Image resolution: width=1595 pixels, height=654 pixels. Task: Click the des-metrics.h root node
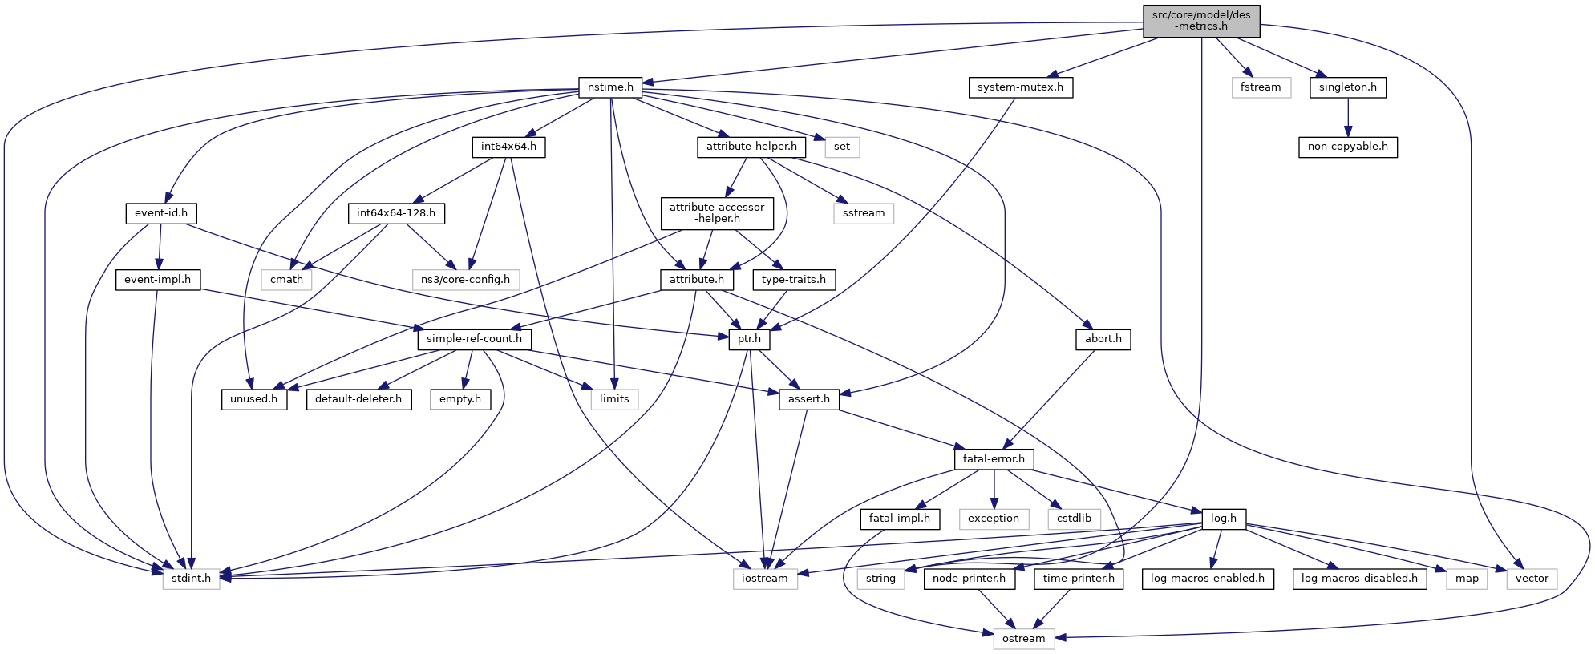click(x=1200, y=20)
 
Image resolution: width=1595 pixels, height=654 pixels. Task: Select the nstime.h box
click(x=610, y=87)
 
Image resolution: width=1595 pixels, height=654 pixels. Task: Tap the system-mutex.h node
click(x=1020, y=87)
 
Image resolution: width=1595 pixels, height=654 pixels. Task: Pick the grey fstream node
click(x=1261, y=87)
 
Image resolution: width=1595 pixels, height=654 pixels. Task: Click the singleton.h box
click(x=1347, y=87)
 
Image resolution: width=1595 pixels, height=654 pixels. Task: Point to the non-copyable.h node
click(x=1347, y=147)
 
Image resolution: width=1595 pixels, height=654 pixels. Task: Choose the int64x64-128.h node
click(x=396, y=213)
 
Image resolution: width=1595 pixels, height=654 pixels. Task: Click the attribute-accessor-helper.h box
click(x=717, y=212)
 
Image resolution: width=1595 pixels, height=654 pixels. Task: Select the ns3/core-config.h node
click(x=465, y=279)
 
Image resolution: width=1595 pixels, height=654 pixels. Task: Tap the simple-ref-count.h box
click(x=474, y=339)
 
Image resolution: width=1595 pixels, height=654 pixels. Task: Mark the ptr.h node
click(x=749, y=339)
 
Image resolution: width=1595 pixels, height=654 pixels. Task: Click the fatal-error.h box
click(x=994, y=459)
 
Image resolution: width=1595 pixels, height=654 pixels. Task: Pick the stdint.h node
click(x=191, y=578)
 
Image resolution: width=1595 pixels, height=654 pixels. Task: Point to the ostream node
click(x=1023, y=638)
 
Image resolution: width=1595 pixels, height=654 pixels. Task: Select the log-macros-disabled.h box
click(x=1359, y=578)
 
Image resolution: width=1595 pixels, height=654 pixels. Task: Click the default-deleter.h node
click(x=358, y=399)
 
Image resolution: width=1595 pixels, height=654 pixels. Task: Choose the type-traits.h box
click(x=794, y=279)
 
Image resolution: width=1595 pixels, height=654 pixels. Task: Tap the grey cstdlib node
click(x=1074, y=519)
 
